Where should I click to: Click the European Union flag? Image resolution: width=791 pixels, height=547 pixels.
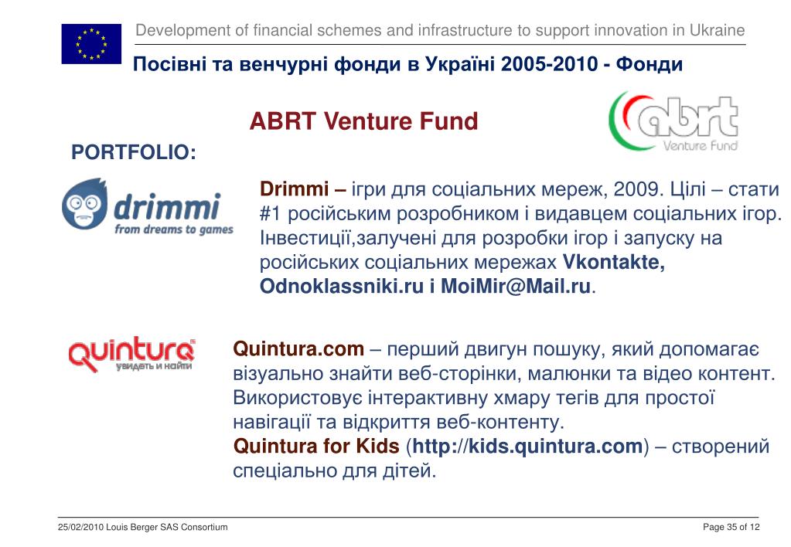[x=91, y=44]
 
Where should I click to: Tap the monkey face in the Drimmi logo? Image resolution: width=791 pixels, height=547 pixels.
[x=84, y=204]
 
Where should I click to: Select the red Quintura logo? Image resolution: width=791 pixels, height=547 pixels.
[x=131, y=355]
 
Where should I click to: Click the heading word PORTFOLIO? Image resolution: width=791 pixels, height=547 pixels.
[x=134, y=152]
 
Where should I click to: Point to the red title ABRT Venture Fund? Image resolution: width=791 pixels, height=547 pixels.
[x=363, y=121]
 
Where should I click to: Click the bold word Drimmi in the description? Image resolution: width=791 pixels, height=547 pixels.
[x=294, y=189]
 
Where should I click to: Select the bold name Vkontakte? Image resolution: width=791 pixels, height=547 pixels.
[x=613, y=262]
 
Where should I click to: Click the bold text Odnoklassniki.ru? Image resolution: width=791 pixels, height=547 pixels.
[x=342, y=286]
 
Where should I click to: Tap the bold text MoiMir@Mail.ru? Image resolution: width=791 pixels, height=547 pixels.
[x=516, y=286]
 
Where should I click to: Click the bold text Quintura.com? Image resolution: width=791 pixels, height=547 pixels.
[x=298, y=349]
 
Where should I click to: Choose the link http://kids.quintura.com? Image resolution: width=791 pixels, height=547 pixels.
[x=527, y=446]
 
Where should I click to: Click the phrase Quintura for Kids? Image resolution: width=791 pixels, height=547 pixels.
[x=316, y=446]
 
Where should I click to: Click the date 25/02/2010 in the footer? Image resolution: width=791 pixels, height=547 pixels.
[x=80, y=528]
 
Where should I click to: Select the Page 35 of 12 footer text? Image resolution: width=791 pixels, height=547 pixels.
[x=731, y=528]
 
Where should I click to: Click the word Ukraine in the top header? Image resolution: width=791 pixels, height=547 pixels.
[x=718, y=30]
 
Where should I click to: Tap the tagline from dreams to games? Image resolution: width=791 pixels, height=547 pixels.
[x=174, y=229]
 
